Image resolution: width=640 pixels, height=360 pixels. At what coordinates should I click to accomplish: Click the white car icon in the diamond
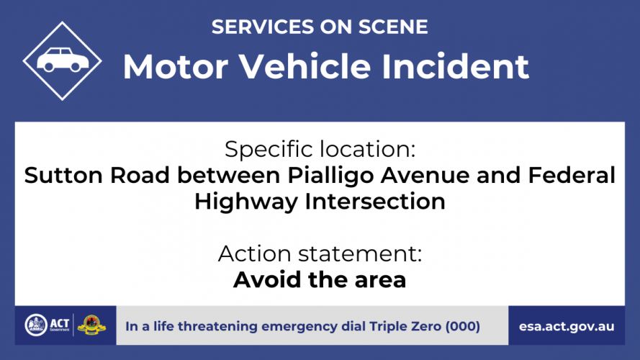point(63,60)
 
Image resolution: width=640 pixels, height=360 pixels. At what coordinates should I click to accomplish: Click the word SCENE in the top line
point(393,27)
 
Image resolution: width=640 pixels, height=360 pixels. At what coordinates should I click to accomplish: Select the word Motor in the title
point(176,66)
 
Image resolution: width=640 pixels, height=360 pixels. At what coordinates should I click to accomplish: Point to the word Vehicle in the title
point(305,66)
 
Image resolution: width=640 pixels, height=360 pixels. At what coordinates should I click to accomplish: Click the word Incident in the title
point(455,66)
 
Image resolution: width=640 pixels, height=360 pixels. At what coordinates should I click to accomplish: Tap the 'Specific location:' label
point(320,149)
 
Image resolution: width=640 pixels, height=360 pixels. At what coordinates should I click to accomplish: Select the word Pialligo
point(331,176)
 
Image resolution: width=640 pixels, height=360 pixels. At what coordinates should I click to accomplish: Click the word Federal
point(572,175)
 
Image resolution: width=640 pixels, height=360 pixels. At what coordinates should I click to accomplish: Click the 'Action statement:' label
point(320,253)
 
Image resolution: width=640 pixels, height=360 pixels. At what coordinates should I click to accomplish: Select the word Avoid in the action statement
point(267,279)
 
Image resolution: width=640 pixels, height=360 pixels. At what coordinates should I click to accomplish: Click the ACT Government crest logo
point(36,325)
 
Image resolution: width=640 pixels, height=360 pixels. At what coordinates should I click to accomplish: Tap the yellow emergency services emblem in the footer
point(91,325)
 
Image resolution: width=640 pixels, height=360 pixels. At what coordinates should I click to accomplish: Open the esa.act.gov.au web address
point(567,327)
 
